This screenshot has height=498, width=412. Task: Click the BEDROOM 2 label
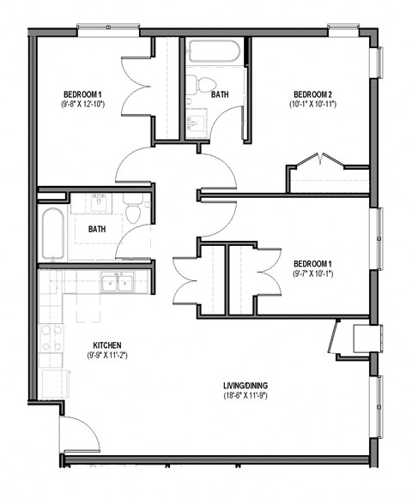point(312,93)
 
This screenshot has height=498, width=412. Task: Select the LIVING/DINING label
point(245,385)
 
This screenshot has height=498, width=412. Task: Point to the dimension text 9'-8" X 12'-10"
point(83,104)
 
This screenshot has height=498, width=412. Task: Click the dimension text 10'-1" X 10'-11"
point(312,104)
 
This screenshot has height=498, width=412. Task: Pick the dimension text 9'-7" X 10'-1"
point(312,273)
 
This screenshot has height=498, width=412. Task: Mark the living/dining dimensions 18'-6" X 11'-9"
point(245,396)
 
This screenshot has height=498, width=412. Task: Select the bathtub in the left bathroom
point(53,234)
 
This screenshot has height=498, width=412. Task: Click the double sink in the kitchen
point(114,283)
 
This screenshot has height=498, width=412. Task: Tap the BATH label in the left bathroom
point(98,229)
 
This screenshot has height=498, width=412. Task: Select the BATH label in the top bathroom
point(220,94)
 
